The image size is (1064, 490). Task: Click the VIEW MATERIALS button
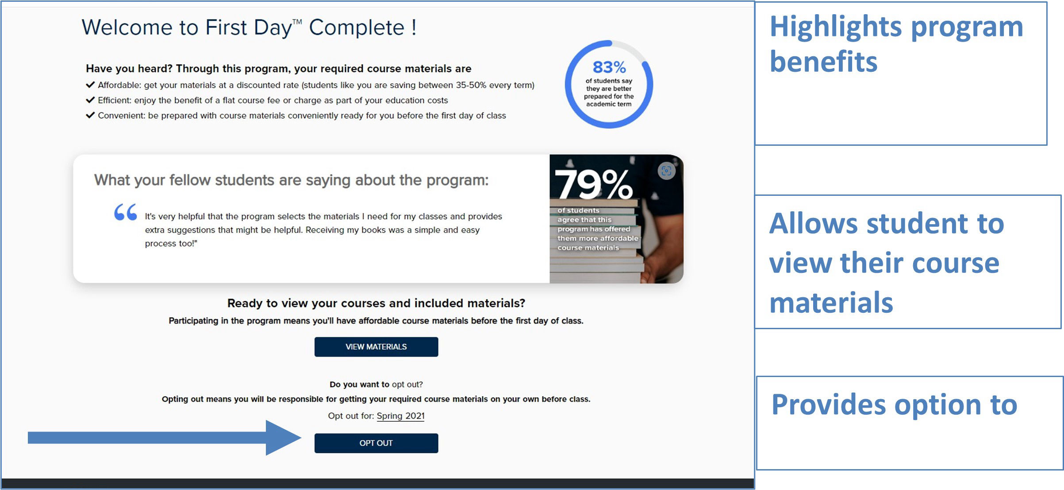[376, 346]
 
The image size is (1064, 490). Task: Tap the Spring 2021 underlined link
[400, 416]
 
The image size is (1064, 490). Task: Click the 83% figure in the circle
[609, 67]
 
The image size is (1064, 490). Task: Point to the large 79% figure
[593, 184]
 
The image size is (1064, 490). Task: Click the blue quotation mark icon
[126, 212]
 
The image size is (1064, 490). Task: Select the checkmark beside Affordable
[90, 85]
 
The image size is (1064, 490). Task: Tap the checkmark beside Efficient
[90, 100]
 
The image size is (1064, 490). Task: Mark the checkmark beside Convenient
[90, 115]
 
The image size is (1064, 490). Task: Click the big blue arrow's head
[283, 438]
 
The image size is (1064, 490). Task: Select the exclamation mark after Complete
[414, 27]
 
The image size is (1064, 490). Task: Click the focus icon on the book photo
[666, 171]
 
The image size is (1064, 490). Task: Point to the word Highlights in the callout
[835, 27]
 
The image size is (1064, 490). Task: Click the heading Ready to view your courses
[376, 303]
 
